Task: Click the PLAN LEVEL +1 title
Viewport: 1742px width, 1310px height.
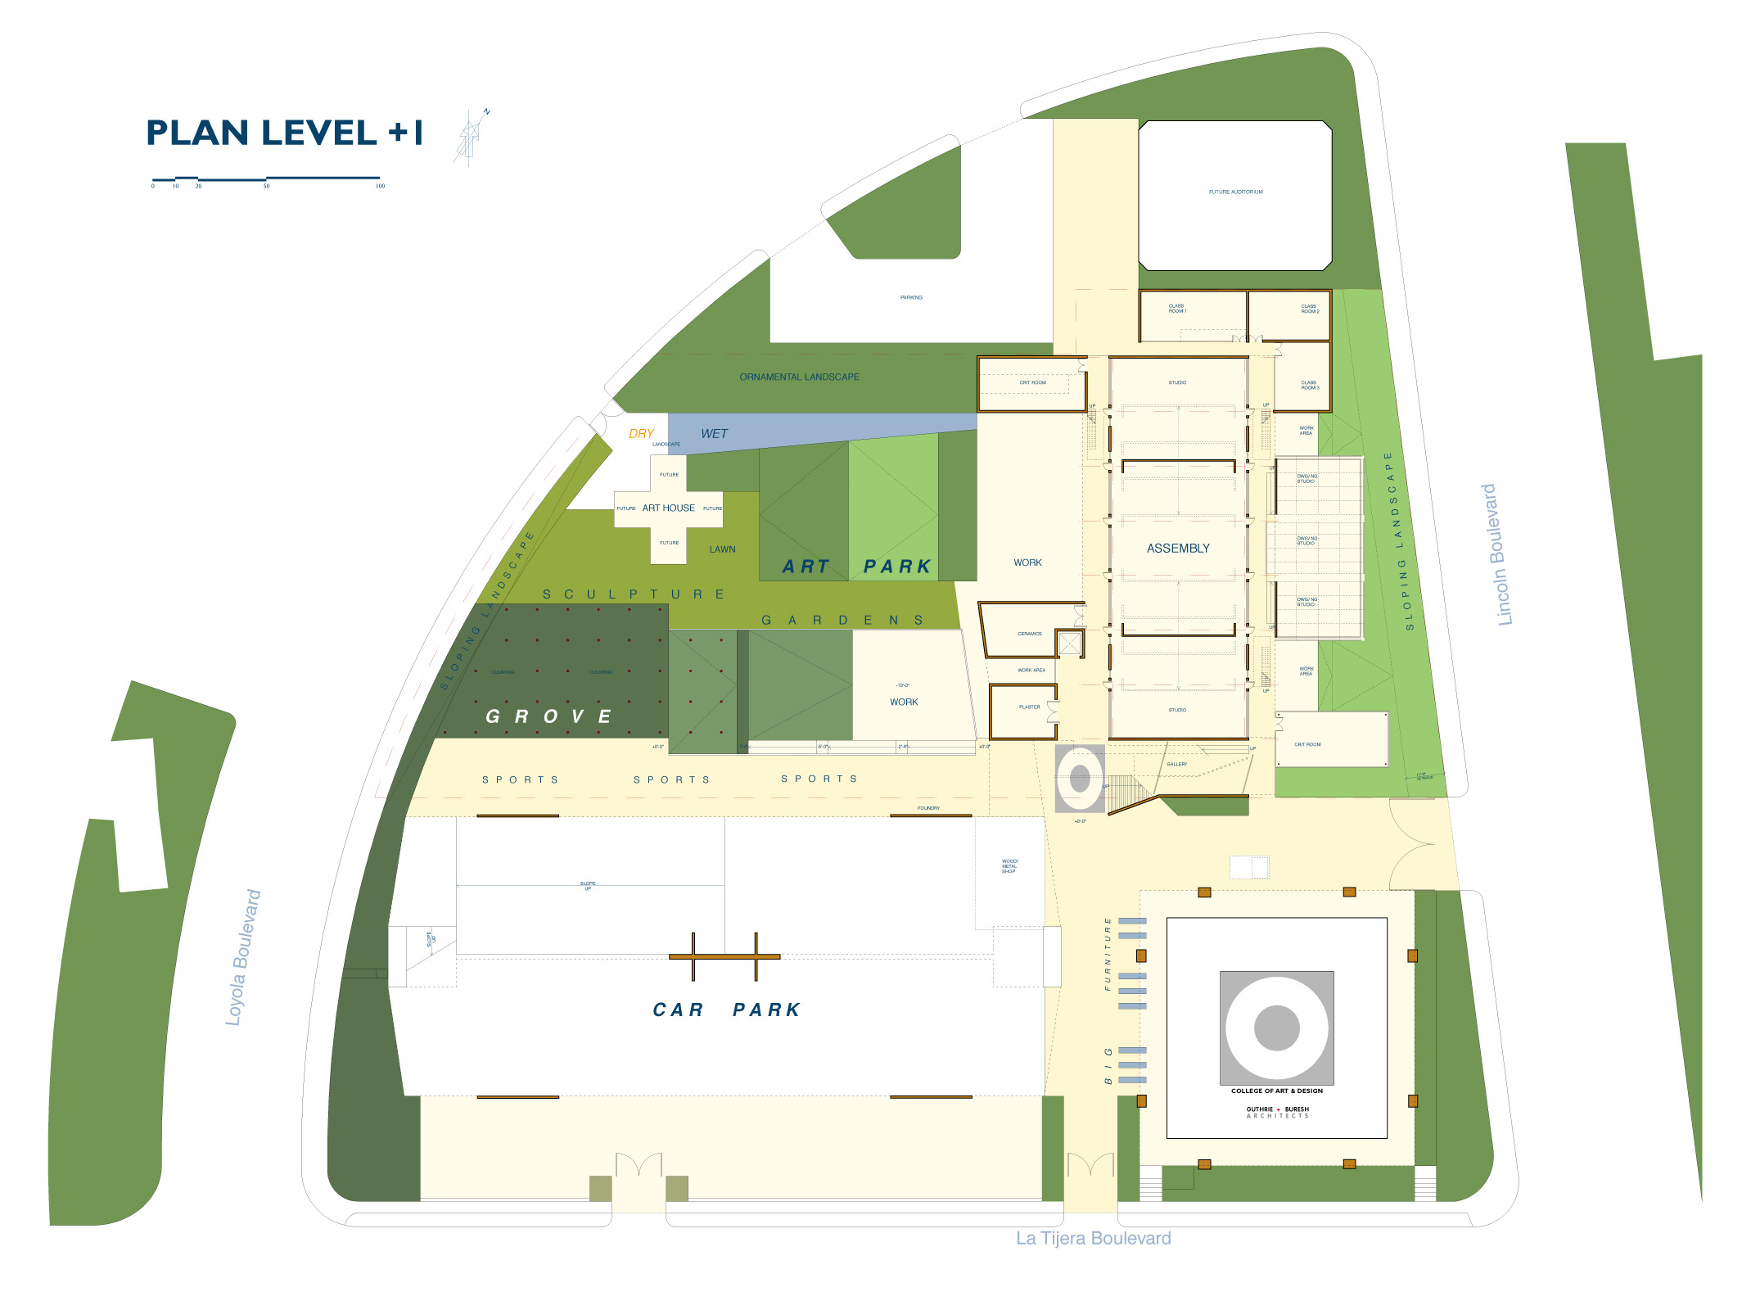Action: tap(284, 133)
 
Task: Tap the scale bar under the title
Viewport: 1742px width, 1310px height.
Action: tap(266, 178)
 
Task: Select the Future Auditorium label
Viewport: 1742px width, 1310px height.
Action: tap(1235, 192)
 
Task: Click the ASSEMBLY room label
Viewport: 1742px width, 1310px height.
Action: tap(1178, 549)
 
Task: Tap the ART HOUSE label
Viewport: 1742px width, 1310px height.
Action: tap(668, 508)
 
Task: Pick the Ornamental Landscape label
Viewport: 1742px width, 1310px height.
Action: tap(799, 377)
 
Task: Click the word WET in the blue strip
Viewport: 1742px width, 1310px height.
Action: tap(714, 434)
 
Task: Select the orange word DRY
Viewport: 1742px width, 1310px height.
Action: tap(641, 434)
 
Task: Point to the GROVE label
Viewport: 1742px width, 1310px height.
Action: tap(548, 717)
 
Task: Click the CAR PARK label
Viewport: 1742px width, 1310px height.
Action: tap(726, 1010)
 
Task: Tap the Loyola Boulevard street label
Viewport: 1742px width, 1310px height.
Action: tap(243, 957)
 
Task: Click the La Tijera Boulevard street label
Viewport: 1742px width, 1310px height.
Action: tap(1093, 1238)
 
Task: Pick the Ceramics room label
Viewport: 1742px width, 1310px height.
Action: tap(1030, 634)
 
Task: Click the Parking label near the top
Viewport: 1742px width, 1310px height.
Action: tap(911, 298)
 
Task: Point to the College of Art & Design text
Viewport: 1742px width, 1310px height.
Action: tap(1276, 1091)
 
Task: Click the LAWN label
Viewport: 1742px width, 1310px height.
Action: tap(722, 549)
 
